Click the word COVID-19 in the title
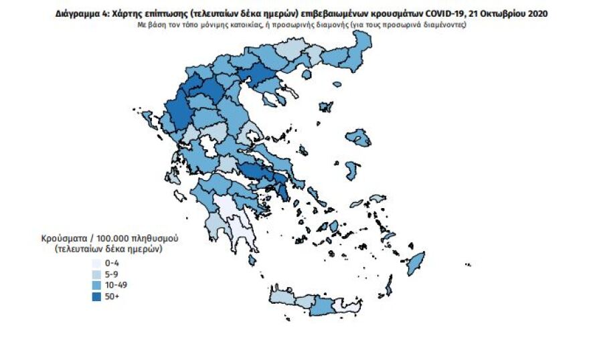(446, 13)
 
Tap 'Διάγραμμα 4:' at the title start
(80, 13)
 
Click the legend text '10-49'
(116, 286)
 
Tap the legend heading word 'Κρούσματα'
(62, 238)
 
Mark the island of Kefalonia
(173, 177)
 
